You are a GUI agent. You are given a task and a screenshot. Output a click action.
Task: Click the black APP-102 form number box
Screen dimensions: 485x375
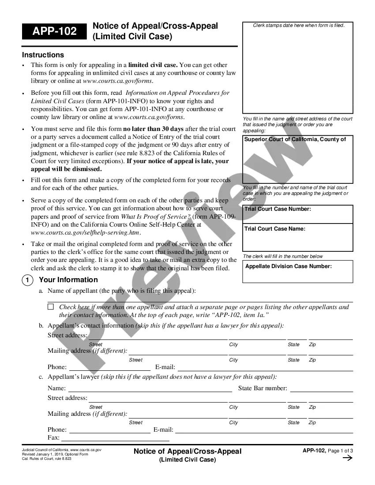click(x=54, y=31)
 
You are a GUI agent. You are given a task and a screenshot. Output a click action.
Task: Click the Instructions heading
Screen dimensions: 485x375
click(x=43, y=55)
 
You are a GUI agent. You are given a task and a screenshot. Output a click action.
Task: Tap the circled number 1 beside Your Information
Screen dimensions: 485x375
click(x=27, y=280)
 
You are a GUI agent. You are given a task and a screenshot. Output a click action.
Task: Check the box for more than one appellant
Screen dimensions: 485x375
click(x=51, y=306)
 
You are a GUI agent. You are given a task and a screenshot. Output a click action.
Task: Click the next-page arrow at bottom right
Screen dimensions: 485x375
click(x=347, y=458)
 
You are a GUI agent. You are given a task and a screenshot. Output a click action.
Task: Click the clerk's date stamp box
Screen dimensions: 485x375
click(x=298, y=68)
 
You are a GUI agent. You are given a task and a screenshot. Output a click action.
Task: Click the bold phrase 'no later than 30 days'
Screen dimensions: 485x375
click(x=153, y=129)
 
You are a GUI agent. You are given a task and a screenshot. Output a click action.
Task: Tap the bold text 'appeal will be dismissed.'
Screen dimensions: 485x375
click(x=66, y=169)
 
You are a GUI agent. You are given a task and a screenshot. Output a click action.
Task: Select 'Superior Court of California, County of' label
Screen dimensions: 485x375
click(x=295, y=139)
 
